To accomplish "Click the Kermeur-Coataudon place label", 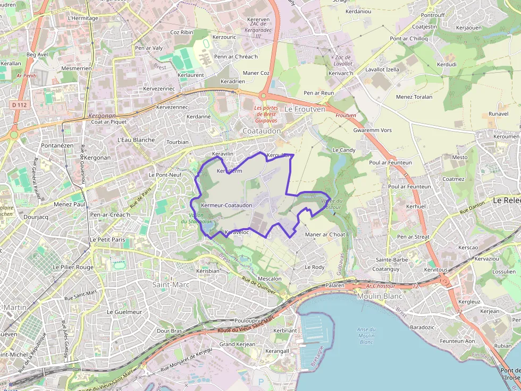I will tap(226, 205).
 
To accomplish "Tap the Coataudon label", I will tap(261, 131).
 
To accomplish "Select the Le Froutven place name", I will tap(304, 109).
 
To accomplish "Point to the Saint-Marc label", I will tap(171, 285).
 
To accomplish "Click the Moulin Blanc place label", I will tap(380, 296).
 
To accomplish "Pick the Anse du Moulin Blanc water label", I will tap(366, 335).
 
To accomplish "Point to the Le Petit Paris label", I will tap(107, 239).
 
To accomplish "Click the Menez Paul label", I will tap(70, 204).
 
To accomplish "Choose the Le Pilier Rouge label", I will tap(73, 267).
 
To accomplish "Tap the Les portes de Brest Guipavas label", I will tap(266, 114).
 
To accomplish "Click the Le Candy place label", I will tap(343, 150).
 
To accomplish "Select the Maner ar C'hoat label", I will tap(325, 234).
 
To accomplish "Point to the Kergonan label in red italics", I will tap(102, 115).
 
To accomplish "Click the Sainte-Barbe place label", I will tap(392, 260).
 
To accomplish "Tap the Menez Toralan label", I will tap(414, 97).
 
